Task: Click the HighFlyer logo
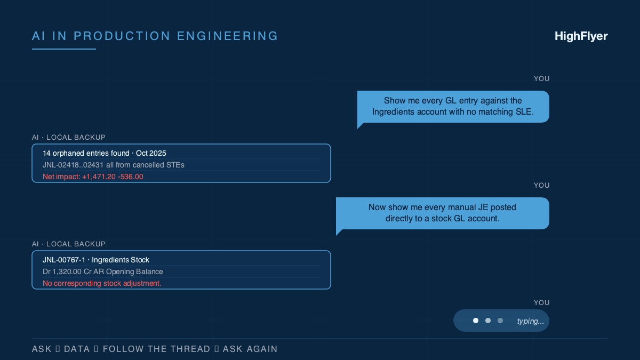tap(581, 36)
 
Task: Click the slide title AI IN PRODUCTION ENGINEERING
tap(155, 36)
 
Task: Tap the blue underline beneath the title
tap(64, 49)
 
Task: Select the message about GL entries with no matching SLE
tap(453, 106)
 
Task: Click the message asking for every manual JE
tap(442, 213)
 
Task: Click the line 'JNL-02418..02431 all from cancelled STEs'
tap(114, 165)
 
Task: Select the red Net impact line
tap(93, 177)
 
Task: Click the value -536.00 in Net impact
tap(131, 177)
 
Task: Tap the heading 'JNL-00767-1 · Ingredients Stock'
tap(96, 260)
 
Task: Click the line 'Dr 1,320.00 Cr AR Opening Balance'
tap(103, 271)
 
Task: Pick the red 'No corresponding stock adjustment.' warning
tap(102, 283)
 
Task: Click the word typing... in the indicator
tap(531, 321)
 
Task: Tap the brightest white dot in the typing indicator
tap(476, 321)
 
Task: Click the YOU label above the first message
tap(541, 78)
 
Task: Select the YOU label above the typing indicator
tap(541, 302)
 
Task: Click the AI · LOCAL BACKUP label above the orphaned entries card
tap(69, 137)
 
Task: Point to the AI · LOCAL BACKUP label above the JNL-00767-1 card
tap(69, 244)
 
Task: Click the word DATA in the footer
tap(77, 349)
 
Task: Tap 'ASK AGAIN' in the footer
tap(250, 349)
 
